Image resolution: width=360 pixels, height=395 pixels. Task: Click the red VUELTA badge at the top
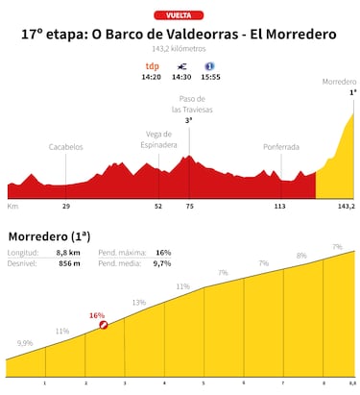coord(180,14)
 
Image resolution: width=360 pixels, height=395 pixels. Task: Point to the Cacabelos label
coord(66,147)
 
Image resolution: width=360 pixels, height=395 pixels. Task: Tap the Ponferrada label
coord(280,147)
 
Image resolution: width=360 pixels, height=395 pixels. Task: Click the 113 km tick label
coord(280,206)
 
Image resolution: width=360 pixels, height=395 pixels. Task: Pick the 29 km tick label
coord(66,206)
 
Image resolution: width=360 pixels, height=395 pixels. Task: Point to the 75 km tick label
coord(189,206)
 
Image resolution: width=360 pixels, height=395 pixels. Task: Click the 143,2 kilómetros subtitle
coord(180,49)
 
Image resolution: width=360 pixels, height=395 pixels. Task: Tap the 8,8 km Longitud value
coord(69,252)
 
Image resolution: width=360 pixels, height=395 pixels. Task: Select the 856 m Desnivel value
coord(69,262)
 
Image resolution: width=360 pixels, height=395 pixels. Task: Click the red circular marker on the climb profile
coord(103,326)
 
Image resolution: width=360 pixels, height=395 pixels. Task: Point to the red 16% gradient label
coord(96,314)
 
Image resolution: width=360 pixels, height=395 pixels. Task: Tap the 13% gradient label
coord(139,303)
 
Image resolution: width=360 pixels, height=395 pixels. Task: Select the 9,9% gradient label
coord(25,343)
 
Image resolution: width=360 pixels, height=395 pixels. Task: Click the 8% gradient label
coord(301,256)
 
